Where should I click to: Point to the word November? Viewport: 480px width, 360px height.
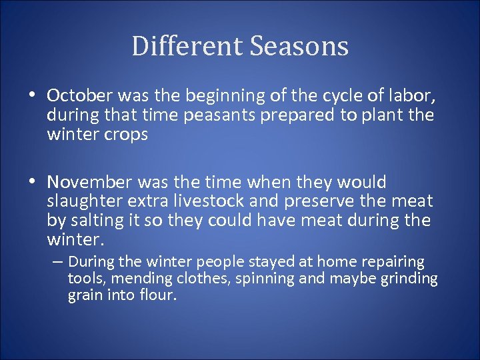(x=90, y=183)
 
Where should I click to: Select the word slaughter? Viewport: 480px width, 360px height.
(x=81, y=201)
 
